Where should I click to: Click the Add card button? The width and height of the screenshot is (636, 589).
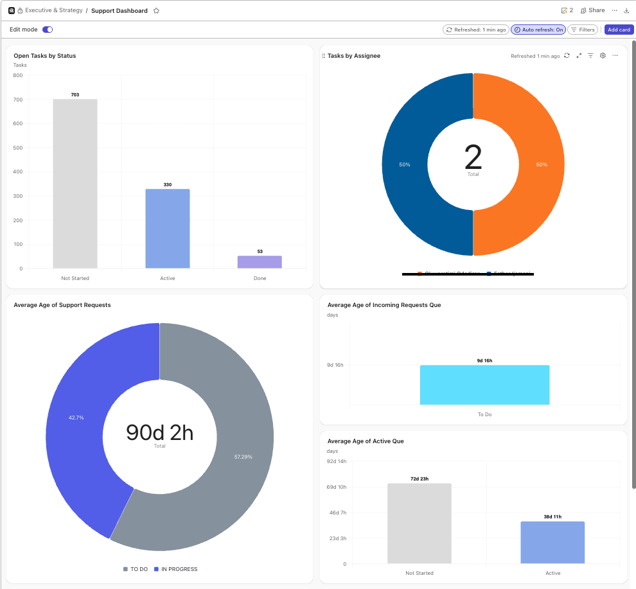pos(619,30)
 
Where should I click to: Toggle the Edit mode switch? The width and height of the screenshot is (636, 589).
pos(48,30)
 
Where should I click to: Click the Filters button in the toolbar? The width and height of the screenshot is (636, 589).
pos(583,30)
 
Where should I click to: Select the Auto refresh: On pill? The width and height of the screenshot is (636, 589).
pos(538,30)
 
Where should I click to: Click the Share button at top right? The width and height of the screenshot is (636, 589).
pos(592,10)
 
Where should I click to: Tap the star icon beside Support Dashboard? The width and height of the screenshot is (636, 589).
pos(156,11)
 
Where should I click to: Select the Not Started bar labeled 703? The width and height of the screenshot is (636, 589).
pos(75,184)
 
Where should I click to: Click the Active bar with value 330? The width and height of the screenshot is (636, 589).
pos(168,229)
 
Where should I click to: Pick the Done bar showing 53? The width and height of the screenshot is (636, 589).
pos(260,262)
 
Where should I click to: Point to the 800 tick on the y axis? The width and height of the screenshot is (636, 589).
pos(18,75)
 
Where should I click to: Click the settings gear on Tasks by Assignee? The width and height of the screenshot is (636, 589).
pos(603,56)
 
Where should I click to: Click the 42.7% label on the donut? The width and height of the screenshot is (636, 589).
pos(76,418)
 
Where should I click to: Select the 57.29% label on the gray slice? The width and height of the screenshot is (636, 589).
pos(243,457)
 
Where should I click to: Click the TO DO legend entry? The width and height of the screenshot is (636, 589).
pos(136,569)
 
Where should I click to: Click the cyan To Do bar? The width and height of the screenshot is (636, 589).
pos(484,385)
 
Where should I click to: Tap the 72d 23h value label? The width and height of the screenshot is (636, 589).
pos(420,479)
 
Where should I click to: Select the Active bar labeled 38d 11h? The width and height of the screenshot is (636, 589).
pos(552,543)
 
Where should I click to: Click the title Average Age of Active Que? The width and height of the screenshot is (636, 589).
pos(365,441)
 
